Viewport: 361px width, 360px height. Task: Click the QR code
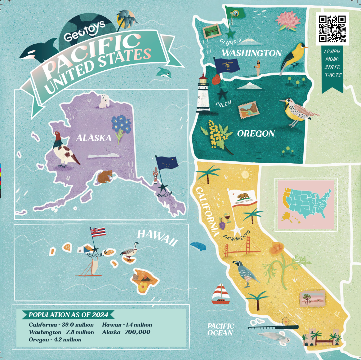(x=332, y=29)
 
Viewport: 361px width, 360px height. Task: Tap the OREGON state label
(x=256, y=134)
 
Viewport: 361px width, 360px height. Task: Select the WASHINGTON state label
(x=252, y=53)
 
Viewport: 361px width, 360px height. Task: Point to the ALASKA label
(x=94, y=138)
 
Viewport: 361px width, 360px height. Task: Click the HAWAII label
(x=158, y=237)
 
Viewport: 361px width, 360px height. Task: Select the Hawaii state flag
(x=98, y=232)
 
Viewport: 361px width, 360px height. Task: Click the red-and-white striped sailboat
(x=221, y=294)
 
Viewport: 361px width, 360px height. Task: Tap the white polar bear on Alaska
(x=104, y=101)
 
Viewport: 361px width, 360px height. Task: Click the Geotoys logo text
(x=84, y=32)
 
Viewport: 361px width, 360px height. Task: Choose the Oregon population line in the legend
(x=55, y=340)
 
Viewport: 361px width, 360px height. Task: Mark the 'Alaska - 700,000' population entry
(x=126, y=332)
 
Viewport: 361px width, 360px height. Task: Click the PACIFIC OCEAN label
(x=221, y=329)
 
